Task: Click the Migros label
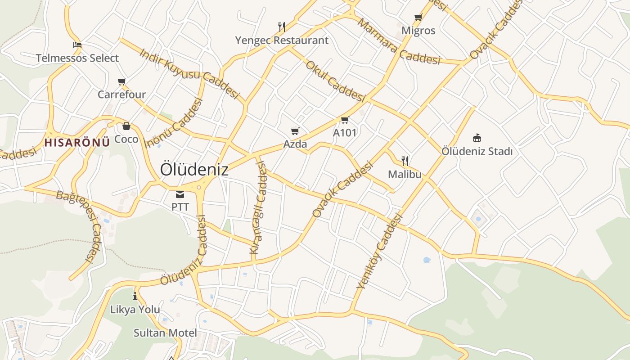[418, 31]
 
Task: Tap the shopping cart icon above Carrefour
[121, 81]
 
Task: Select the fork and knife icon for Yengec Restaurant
[282, 27]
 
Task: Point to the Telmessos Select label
[77, 58]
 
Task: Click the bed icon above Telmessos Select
[77, 45]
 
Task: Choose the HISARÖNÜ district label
[77, 143]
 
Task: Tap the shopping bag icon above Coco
[126, 126]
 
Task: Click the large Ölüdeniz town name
[194, 170]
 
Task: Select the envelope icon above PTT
[180, 194]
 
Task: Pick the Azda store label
[295, 144]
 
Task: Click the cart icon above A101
[345, 120]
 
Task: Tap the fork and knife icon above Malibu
[405, 161]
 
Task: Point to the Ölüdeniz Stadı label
[477, 152]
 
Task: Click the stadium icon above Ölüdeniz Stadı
[477, 138]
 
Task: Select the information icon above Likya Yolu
[135, 296]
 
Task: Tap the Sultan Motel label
[165, 333]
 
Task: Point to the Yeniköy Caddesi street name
[379, 251]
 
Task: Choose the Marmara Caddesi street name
[399, 42]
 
